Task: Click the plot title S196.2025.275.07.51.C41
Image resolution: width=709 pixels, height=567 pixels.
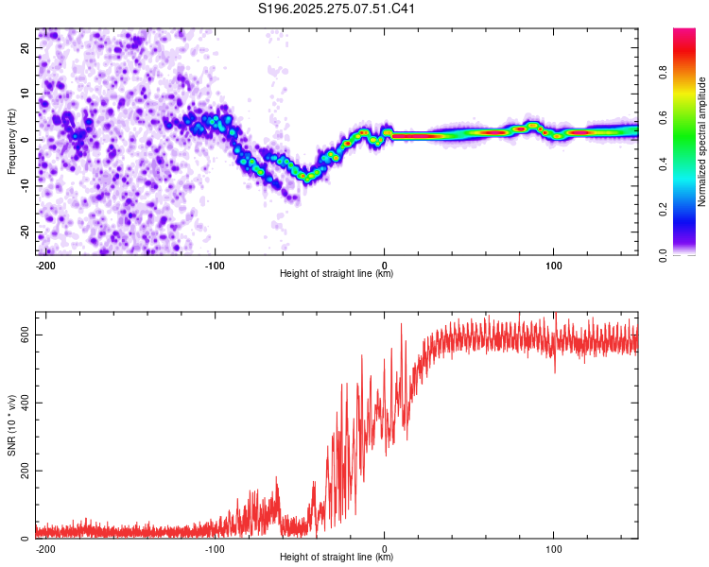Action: pos(337,9)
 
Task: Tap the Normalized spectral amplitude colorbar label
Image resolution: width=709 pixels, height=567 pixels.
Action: pos(702,142)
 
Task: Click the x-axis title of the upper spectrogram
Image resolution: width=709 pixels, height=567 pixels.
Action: pos(337,273)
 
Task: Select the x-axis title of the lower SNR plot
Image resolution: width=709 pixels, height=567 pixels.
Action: pos(337,557)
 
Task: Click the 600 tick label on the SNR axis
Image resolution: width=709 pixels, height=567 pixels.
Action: pos(23,335)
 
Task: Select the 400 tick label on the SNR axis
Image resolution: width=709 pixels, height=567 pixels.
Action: pos(23,404)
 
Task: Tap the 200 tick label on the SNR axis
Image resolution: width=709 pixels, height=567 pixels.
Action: pos(23,472)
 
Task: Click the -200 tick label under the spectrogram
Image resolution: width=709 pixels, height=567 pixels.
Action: pos(45,264)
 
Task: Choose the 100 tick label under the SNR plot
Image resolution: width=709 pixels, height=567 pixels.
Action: pos(553,547)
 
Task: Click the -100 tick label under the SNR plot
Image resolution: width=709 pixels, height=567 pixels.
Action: pos(215,547)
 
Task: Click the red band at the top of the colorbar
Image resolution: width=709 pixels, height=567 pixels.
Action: pos(684,38)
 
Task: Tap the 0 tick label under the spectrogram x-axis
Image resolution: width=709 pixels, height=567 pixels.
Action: pos(385,264)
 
